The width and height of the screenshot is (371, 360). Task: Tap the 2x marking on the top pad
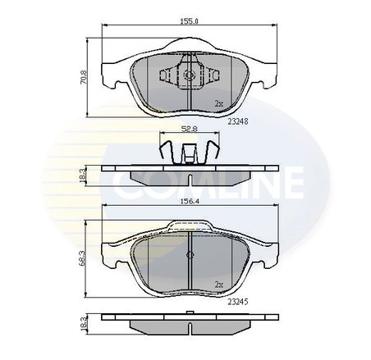(218, 104)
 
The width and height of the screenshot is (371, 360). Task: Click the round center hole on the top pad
(188, 75)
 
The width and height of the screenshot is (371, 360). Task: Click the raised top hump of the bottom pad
(189, 224)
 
